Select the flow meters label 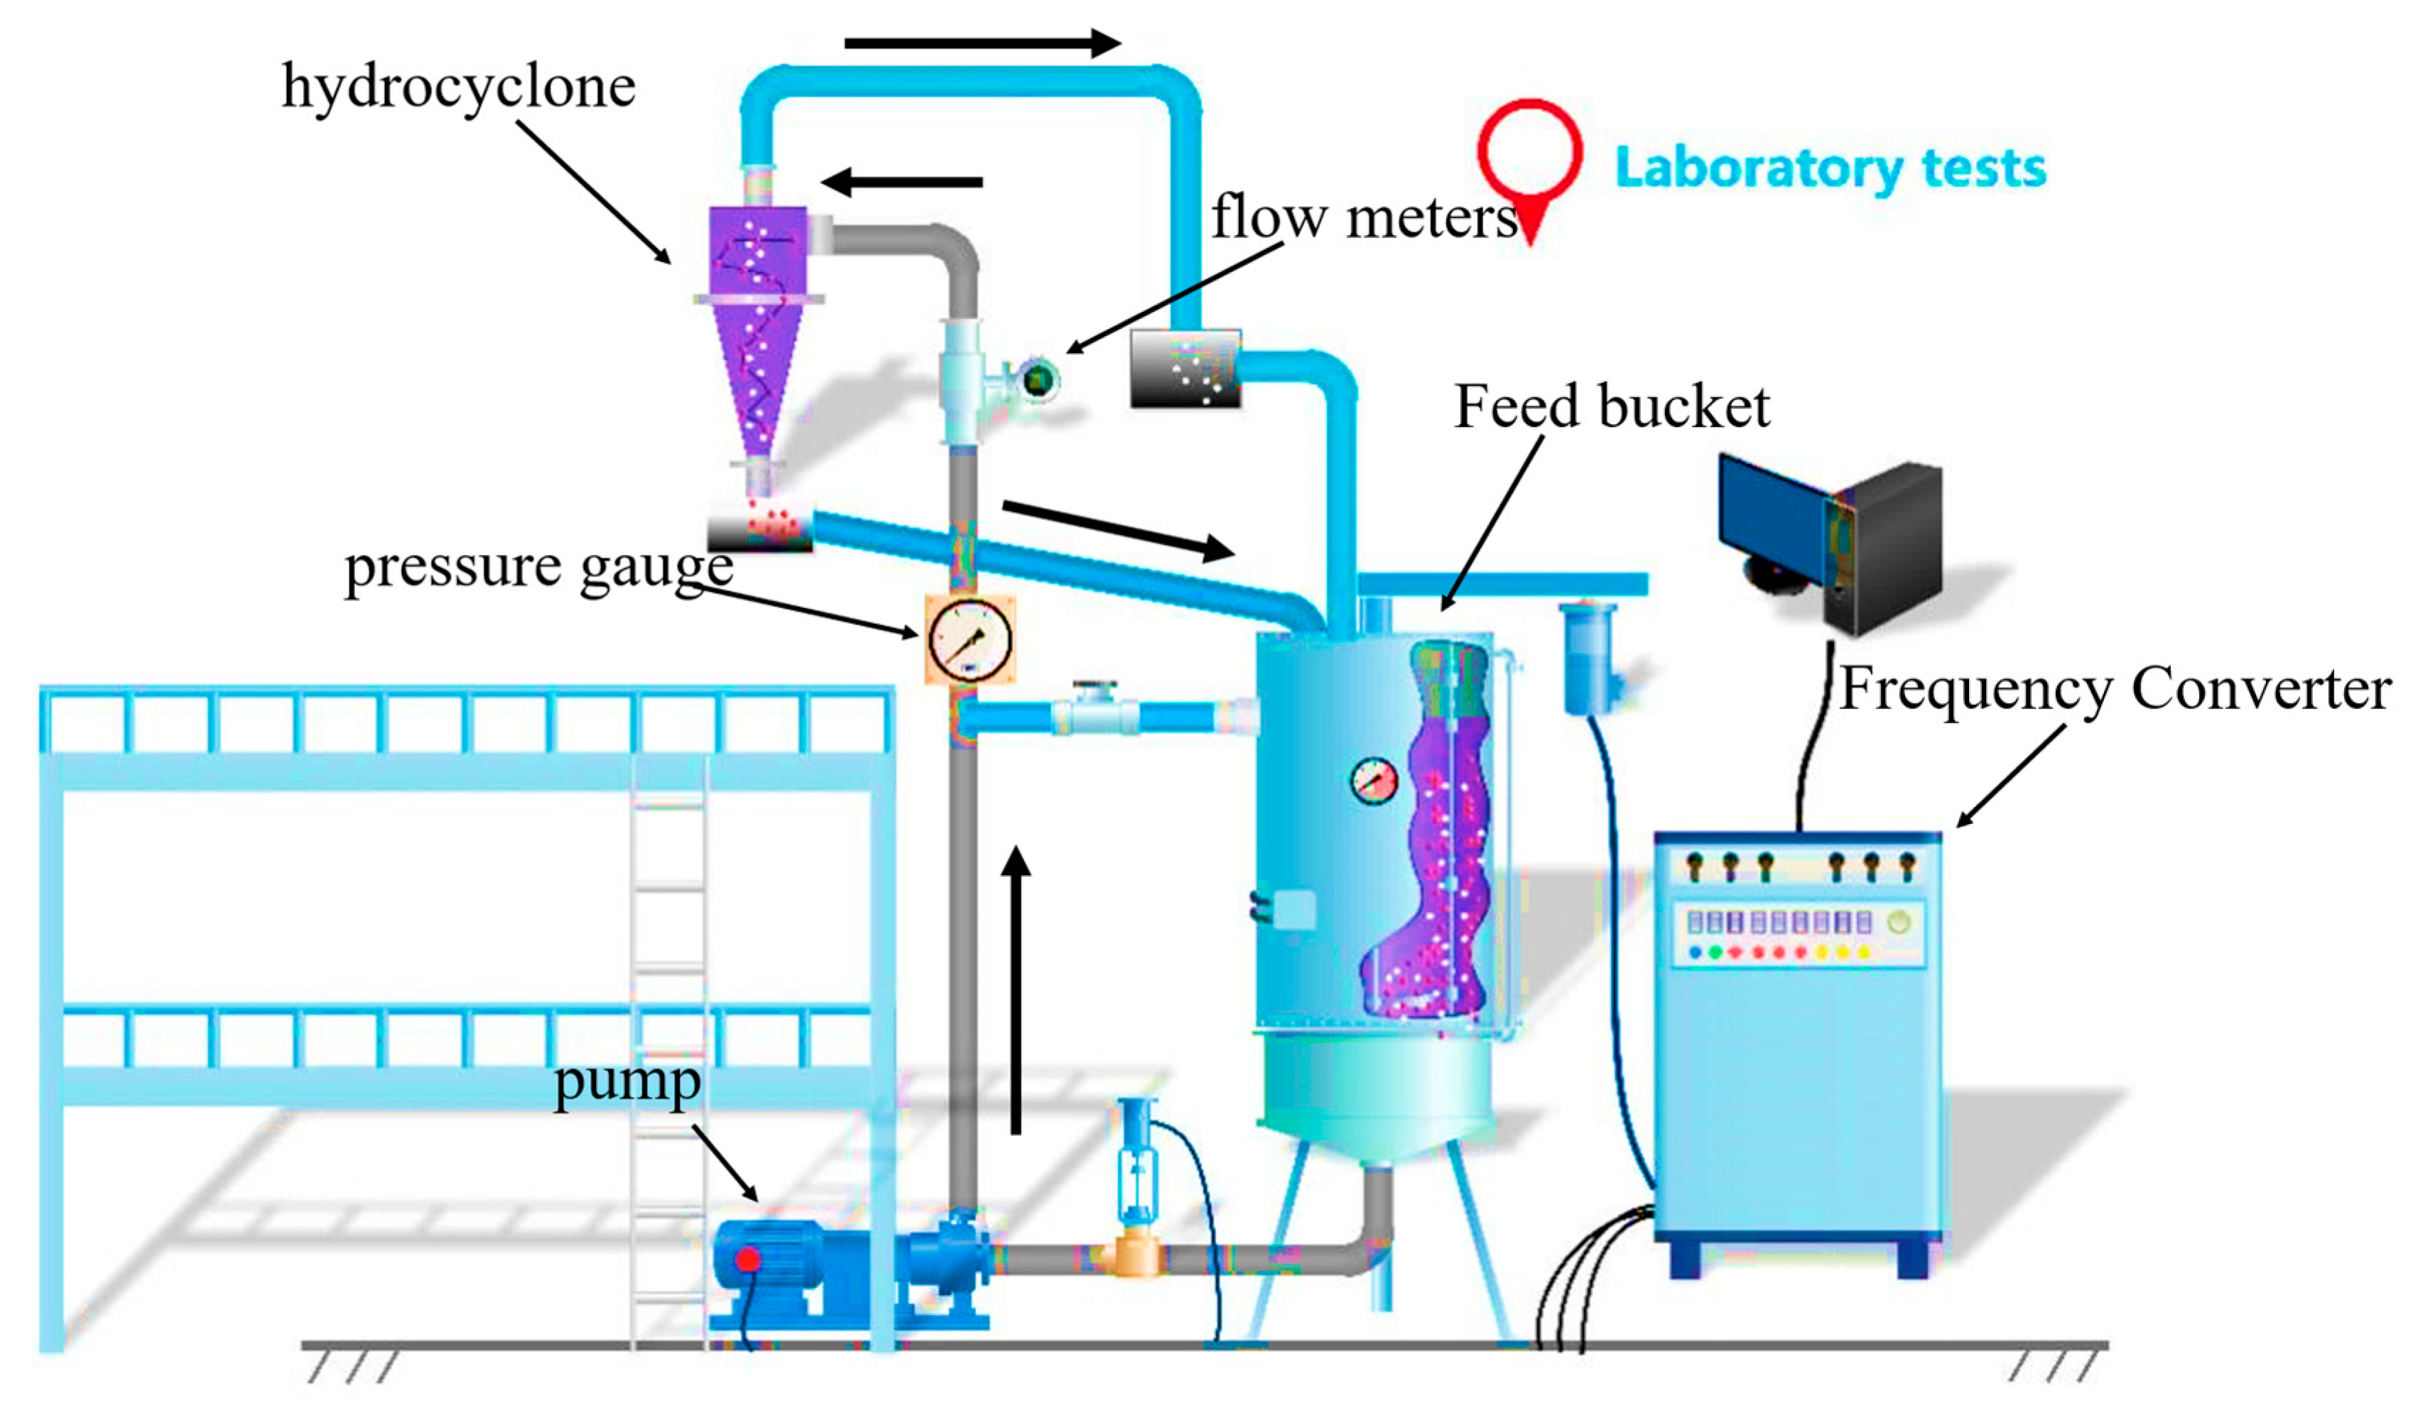pyautogui.click(x=1364, y=218)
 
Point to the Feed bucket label pyautogui.click(x=1612, y=407)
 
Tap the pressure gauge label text pyautogui.click(x=538, y=567)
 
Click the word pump pyautogui.click(x=627, y=1082)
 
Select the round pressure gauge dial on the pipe pyautogui.click(x=969, y=639)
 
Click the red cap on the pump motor pyautogui.click(x=747, y=1260)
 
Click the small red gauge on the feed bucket pyautogui.click(x=1374, y=781)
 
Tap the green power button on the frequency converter pyautogui.click(x=1898, y=922)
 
